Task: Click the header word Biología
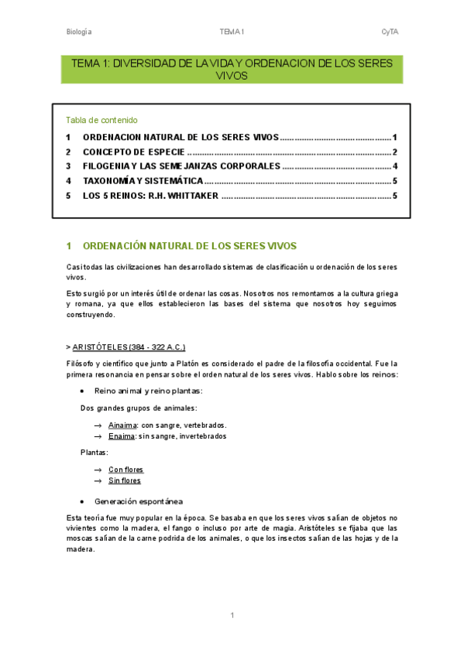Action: point(79,32)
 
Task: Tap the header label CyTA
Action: point(390,32)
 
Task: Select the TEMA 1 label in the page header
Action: point(232,32)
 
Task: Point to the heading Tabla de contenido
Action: point(101,120)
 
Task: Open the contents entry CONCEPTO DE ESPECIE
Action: point(133,152)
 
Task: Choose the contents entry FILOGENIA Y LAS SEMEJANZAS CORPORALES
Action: point(181,166)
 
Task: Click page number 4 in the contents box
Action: point(395,166)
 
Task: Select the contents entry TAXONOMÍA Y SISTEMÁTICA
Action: point(143,181)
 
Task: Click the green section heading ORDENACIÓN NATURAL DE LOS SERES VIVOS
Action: point(189,246)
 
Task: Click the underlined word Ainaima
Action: point(122,425)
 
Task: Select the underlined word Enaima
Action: point(122,436)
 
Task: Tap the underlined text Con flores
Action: point(125,470)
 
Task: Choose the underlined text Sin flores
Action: point(124,480)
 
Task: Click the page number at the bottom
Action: point(232,616)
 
